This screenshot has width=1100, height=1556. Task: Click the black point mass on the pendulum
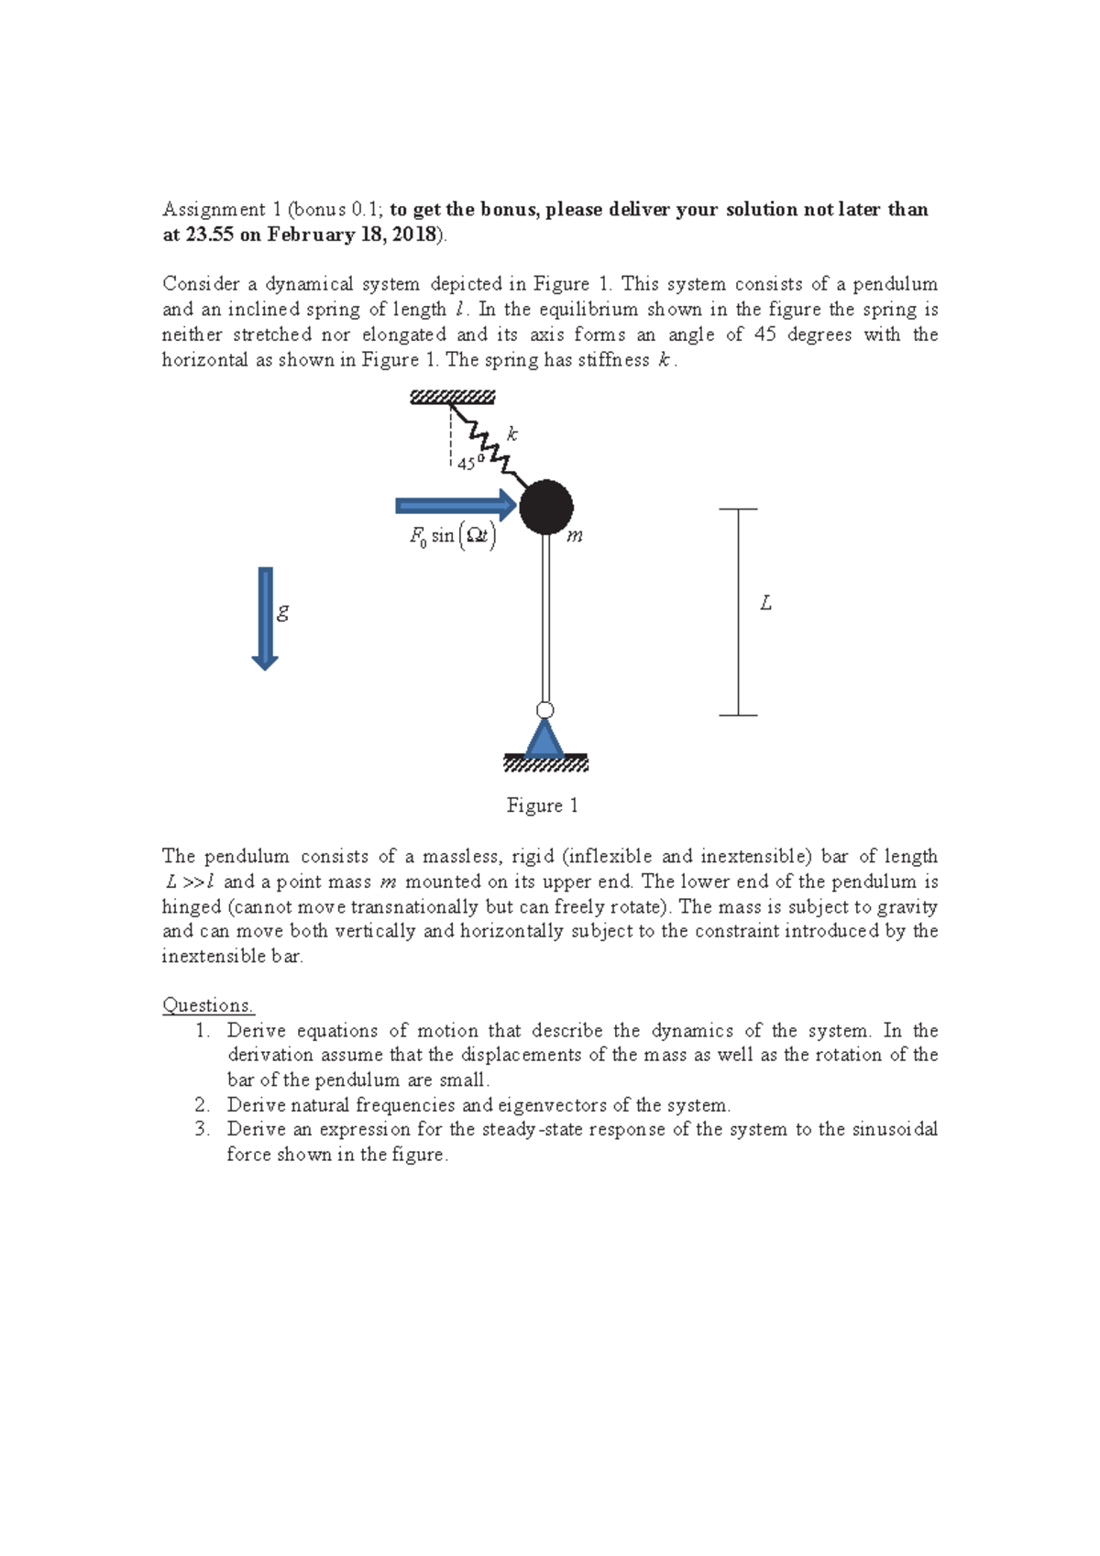point(546,507)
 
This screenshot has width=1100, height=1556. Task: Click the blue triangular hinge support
point(544,738)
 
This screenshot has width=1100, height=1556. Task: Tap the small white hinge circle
point(544,710)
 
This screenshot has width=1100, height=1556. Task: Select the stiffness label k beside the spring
point(512,434)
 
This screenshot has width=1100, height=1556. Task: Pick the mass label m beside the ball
point(575,536)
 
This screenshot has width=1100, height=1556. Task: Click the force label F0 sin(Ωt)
point(453,535)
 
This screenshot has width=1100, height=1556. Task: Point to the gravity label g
point(283,611)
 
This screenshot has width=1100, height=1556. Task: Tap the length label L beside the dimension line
point(766,603)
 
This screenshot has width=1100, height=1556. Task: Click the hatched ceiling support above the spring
point(452,397)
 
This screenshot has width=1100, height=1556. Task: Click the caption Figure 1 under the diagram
point(542,805)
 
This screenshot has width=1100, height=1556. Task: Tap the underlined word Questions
point(207,1005)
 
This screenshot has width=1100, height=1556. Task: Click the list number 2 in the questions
point(202,1105)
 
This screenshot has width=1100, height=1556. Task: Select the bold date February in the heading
point(309,235)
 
